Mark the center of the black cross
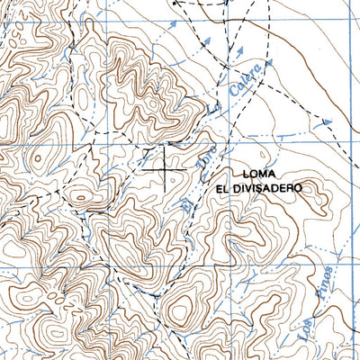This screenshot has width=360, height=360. [x=166, y=165]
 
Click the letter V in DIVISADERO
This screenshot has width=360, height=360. [x=255, y=189]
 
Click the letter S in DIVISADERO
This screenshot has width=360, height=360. [x=266, y=189]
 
